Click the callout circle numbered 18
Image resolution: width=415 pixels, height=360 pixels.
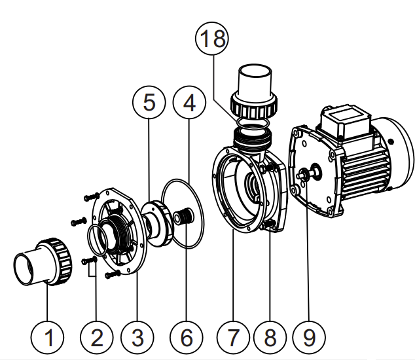(x=212, y=39)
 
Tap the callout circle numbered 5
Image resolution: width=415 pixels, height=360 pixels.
(x=149, y=103)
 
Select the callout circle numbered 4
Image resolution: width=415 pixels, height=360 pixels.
(x=189, y=103)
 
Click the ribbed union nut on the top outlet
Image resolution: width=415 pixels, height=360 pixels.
(x=255, y=104)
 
